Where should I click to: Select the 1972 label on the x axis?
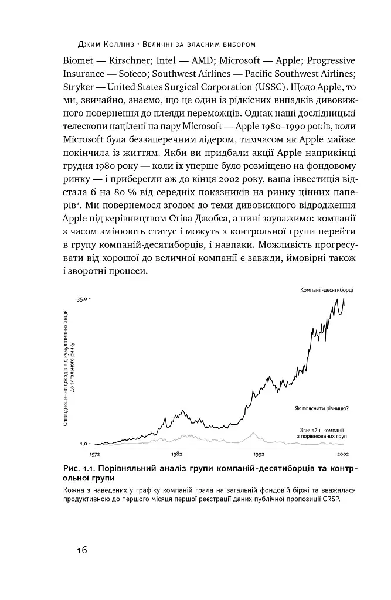[x=95, y=454]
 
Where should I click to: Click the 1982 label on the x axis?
[x=176, y=454]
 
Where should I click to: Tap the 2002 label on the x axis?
[x=342, y=454]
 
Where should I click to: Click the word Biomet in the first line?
[x=79, y=60]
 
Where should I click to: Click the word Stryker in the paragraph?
[x=80, y=87]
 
